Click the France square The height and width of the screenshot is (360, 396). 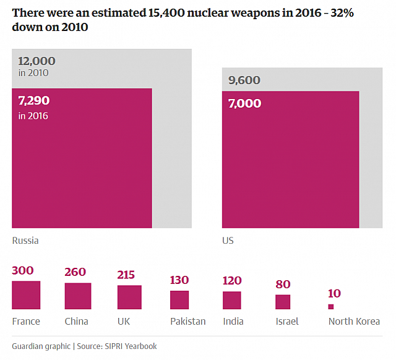coord(26,295)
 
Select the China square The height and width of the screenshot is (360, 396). coord(78,296)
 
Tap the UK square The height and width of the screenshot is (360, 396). coord(129,297)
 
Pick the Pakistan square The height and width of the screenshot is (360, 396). coord(179,300)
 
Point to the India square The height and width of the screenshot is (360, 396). coord(231,300)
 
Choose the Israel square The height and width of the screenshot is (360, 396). coord(283,302)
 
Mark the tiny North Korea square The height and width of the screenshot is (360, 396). coord(331,306)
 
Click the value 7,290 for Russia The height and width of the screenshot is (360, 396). coord(34,100)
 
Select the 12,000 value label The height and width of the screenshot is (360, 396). coord(37,61)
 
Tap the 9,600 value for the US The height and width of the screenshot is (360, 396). coord(244,80)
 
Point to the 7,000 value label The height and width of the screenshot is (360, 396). coord(244,103)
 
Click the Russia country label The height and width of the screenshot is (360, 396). coord(25,241)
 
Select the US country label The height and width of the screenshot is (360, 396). coord(228,241)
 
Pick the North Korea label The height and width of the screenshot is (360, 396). coord(354,321)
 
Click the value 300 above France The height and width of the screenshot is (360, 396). coord(23,270)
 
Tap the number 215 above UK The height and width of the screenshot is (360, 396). coord(126,275)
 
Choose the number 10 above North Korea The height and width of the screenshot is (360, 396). coord(335,293)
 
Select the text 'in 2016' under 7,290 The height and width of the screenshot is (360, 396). coord(33,116)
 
